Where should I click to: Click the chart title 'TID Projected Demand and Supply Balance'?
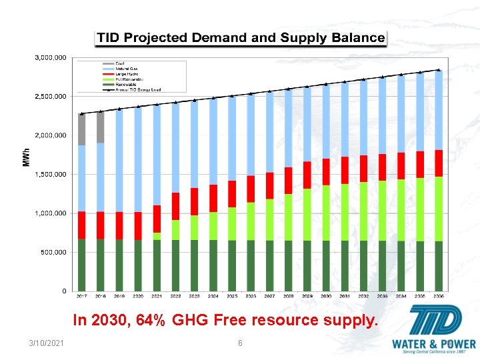(x=241, y=37)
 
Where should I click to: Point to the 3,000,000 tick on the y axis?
(x=50, y=58)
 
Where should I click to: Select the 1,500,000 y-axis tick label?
(x=50, y=175)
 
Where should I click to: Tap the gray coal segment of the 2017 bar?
(x=81, y=129)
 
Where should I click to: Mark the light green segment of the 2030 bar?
(x=326, y=213)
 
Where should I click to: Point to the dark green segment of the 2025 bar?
(x=232, y=265)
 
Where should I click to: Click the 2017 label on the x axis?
(x=81, y=295)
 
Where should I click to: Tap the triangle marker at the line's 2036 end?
(x=439, y=69)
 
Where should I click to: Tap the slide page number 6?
(x=240, y=343)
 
